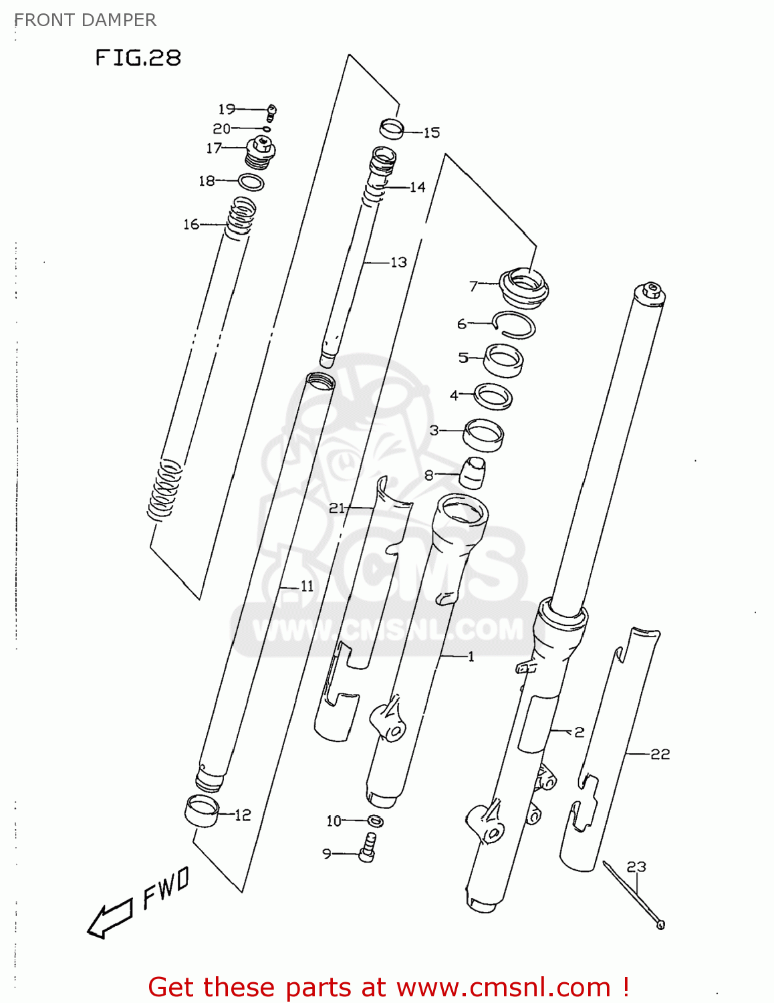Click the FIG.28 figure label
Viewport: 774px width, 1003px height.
(138, 58)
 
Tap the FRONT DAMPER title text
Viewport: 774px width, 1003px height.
(85, 20)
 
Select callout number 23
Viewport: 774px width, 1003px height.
(636, 867)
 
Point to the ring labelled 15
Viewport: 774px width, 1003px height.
(392, 128)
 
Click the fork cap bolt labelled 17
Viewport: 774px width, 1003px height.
(261, 152)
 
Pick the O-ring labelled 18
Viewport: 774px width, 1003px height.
(251, 182)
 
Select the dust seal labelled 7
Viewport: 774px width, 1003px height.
(525, 287)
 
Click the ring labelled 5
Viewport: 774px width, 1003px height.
(503, 360)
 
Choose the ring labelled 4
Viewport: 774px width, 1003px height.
(493, 396)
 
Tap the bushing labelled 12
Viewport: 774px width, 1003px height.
(202, 811)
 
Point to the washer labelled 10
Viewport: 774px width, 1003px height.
(376, 820)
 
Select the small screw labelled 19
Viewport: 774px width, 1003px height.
(272, 110)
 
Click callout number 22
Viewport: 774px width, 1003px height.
(660, 754)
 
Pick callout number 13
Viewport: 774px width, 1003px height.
(398, 262)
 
